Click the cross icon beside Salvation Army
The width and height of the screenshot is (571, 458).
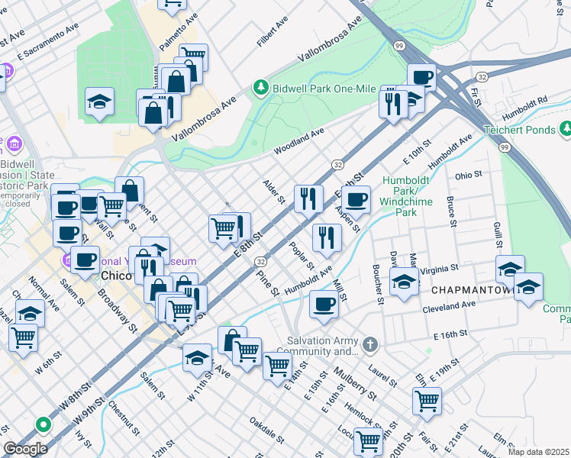pyautogui.click(x=370, y=345)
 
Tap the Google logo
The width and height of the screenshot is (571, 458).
pyautogui.click(x=25, y=449)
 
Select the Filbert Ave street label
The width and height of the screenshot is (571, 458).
pyautogui.click(x=272, y=34)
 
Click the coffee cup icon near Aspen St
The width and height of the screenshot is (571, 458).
pyautogui.click(x=356, y=201)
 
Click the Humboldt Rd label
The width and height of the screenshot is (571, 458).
pyautogui.click(x=531, y=100)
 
